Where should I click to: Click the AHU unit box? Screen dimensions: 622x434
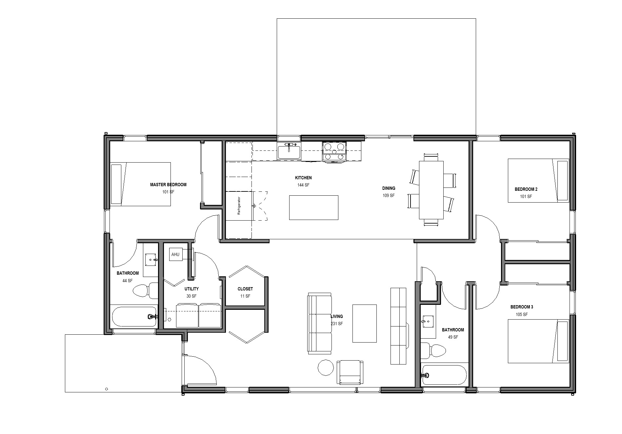(176, 255)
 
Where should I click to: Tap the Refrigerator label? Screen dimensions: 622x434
(239, 206)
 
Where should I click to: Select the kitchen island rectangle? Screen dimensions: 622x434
(313, 207)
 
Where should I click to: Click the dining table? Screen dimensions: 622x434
(431, 190)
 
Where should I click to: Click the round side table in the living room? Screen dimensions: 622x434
(326, 367)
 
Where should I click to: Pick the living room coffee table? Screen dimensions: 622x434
(364, 324)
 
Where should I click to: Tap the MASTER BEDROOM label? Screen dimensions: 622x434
(168, 185)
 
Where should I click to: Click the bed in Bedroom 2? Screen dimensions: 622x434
(538, 181)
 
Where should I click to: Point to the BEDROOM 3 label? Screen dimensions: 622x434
(522, 307)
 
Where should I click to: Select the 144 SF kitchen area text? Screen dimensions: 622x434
(303, 185)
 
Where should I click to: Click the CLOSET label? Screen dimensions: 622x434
(245, 289)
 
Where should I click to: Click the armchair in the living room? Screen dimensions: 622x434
(350, 372)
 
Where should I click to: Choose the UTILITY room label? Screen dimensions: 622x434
(191, 289)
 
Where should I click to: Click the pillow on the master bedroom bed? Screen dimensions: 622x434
(116, 184)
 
